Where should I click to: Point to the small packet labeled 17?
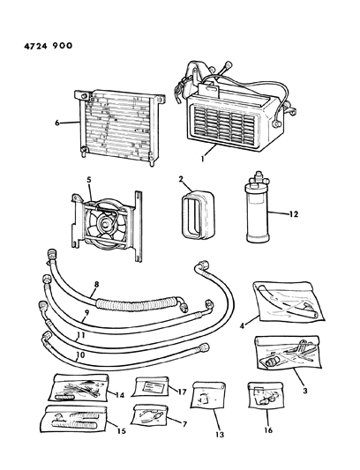(152, 387)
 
